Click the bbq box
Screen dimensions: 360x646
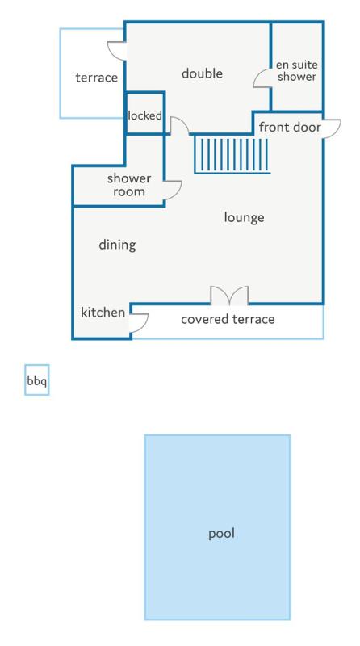[36, 380]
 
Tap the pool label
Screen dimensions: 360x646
[221, 534]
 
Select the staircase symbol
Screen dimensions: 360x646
[232, 156]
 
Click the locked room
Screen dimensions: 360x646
[144, 113]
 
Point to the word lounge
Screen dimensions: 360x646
[244, 217]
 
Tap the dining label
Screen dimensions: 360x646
[117, 245]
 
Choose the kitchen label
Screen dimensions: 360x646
[103, 313]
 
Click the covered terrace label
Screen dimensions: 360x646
[228, 319]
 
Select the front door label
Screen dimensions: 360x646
[290, 127]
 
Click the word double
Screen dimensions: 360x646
[202, 73]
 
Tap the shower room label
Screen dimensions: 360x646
[128, 185]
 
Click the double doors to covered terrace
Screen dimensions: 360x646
[229, 295]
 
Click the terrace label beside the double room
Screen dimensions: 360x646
[96, 78]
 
